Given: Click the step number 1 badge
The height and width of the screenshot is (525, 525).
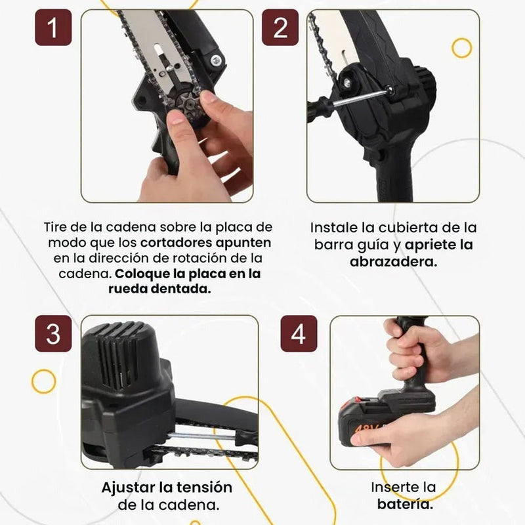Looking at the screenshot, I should click(x=53, y=28).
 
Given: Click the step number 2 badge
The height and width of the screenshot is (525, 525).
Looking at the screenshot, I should click(x=280, y=28).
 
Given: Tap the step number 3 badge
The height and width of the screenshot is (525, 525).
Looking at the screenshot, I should click(x=53, y=333).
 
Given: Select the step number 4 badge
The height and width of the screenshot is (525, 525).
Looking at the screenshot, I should click(x=299, y=334).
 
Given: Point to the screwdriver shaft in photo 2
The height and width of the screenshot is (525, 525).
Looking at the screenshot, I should click(x=358, y=98).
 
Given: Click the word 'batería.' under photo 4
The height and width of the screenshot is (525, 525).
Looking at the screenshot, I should click(x=404, y=504).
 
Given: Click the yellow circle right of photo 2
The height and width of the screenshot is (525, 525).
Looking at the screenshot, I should click(x=462, y=47).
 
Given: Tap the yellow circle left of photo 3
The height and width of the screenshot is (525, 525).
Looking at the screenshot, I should click(x=43, y=381).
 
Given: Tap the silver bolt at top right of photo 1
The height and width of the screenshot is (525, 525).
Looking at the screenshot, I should click(x=215, y=61).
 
